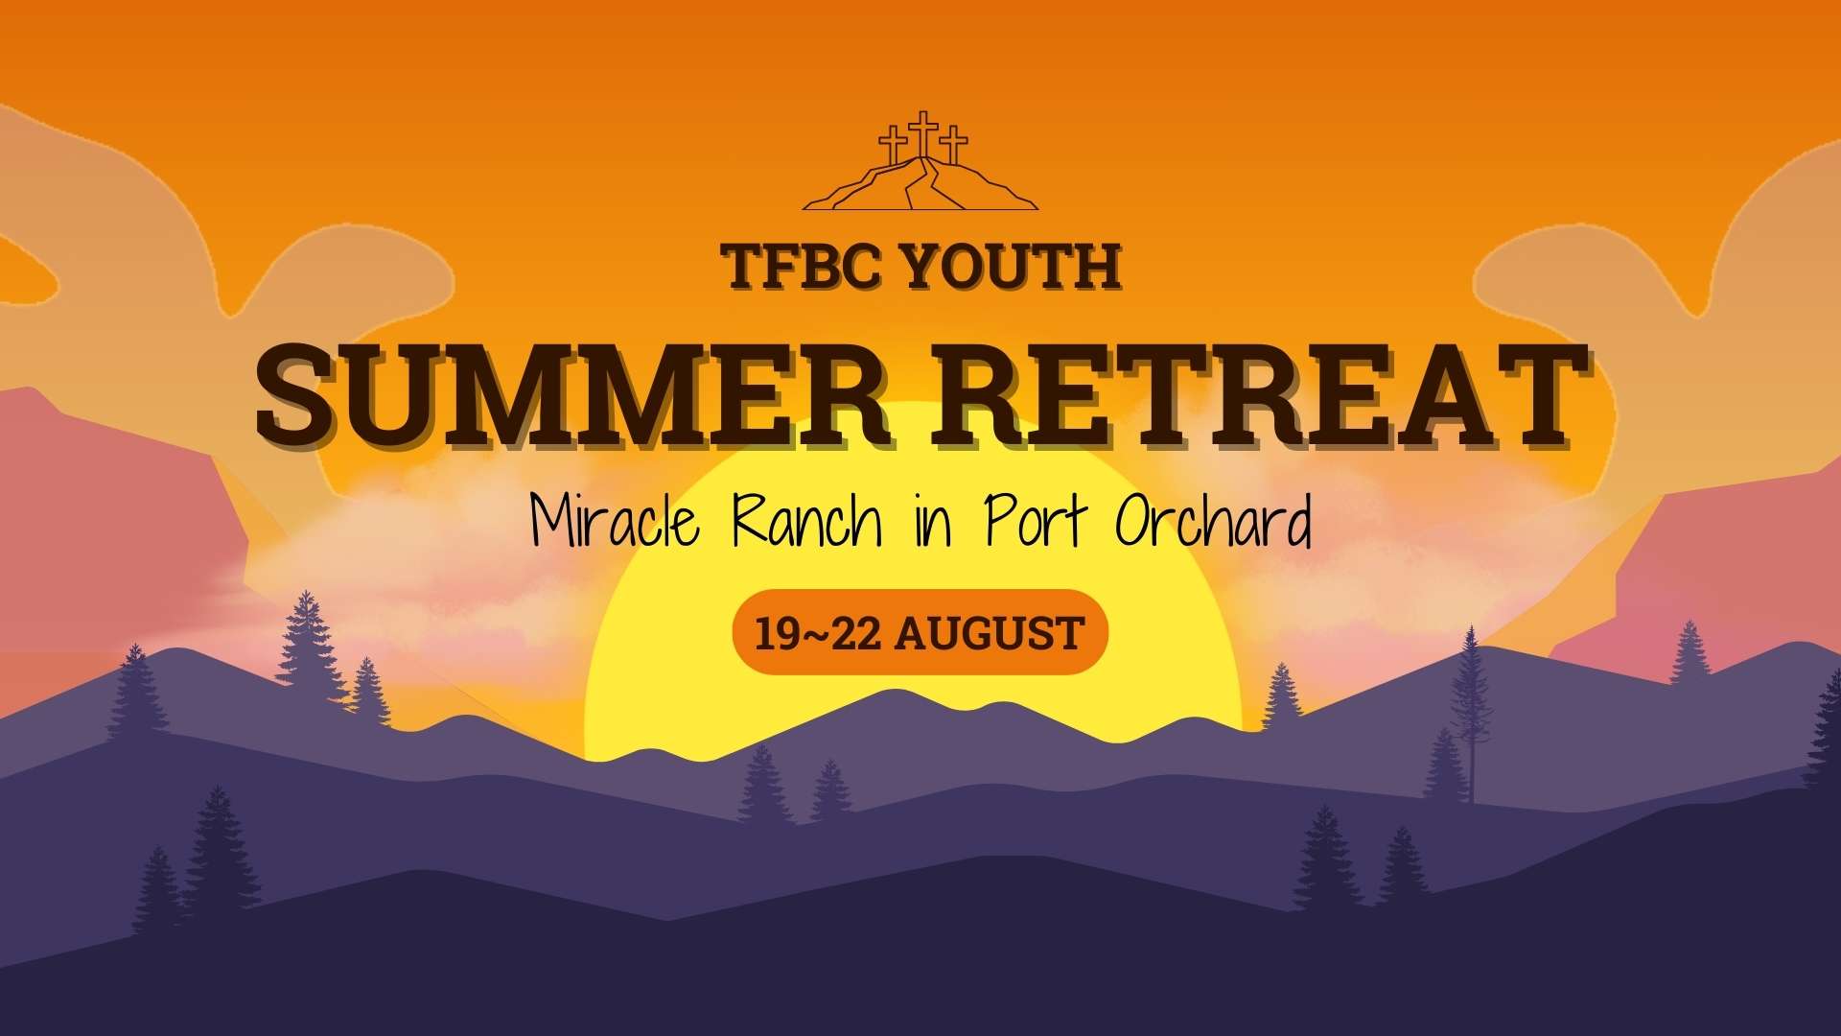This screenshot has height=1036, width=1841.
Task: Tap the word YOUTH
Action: coord(1012,267)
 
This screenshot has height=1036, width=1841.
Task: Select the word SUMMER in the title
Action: coord(572,394)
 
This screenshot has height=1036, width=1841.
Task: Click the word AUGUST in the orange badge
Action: coord(990,634)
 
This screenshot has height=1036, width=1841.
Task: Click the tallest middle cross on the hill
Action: coord(922,134)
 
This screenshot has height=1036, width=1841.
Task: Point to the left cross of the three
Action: coord(893,146)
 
